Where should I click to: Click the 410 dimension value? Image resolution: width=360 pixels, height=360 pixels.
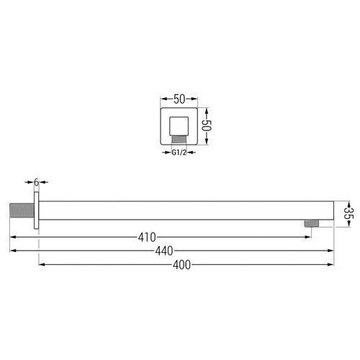coord(147,238)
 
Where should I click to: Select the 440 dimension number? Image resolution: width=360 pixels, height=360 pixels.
coord(164,251)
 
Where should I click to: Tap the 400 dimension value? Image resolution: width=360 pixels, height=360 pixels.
coord(181,265)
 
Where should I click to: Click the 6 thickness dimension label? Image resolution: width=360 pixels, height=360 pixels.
coord(36,182)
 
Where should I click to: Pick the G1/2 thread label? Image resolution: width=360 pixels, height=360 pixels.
coord(179,153)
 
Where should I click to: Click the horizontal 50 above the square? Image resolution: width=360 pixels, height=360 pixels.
coord(179,99)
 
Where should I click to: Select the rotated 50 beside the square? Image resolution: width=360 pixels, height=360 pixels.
coord(207,125)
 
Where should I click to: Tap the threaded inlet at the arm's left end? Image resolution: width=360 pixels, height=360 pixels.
coord(22,210)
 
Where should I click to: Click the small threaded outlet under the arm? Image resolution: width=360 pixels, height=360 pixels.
coord(312,223)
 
